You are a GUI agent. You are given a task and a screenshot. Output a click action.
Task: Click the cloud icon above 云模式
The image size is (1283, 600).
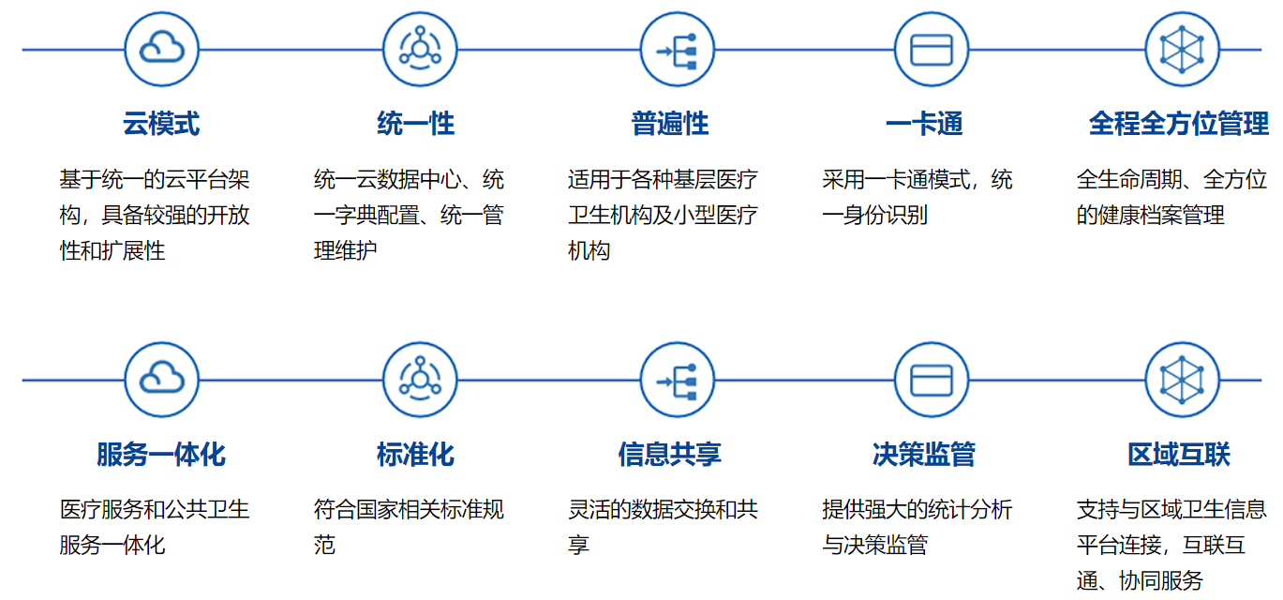tap(162, 50)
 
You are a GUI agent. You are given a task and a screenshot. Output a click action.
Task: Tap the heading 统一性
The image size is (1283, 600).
tap(416, 123)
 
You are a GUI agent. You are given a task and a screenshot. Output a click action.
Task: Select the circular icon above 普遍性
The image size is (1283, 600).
tap(678, 50)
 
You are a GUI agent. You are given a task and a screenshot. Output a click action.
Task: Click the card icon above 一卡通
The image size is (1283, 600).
tap(932, 50)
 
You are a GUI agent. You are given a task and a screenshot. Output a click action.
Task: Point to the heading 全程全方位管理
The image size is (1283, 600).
tap(1179, 123)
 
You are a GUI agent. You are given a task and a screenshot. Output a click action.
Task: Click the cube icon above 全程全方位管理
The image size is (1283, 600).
tap(1182, 50)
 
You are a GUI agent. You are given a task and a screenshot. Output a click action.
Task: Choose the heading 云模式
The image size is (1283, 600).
tap(161, 123)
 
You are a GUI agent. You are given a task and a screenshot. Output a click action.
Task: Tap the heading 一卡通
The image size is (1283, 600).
tap(924, 123)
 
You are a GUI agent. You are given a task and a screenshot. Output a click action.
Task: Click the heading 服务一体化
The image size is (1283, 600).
tap(161, 455)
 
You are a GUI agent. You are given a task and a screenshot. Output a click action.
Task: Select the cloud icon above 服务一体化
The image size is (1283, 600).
tap(162, 380)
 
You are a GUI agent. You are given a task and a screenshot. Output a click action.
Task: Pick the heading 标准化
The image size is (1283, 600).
tap(416, 455)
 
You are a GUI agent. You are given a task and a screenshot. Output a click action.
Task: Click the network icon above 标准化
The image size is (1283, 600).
tap(420, 380)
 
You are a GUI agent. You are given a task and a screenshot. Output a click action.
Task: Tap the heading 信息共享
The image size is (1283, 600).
tap(670, 455)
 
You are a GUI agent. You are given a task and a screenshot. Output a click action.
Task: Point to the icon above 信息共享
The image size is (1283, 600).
tap(678, 380)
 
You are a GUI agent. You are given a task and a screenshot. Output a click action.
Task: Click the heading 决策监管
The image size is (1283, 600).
tap(924, 455)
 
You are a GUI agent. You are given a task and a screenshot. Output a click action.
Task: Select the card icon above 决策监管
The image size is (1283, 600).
tap(932, 380)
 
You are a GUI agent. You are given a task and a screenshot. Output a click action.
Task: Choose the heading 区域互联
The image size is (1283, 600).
tap(1179, 455)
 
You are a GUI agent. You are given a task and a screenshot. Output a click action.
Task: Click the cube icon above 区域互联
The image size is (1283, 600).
tap(1182, 380)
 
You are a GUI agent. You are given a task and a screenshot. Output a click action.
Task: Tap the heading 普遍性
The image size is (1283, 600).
tap(670, 123)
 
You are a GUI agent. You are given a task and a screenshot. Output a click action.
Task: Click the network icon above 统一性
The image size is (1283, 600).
tap(420, 50)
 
